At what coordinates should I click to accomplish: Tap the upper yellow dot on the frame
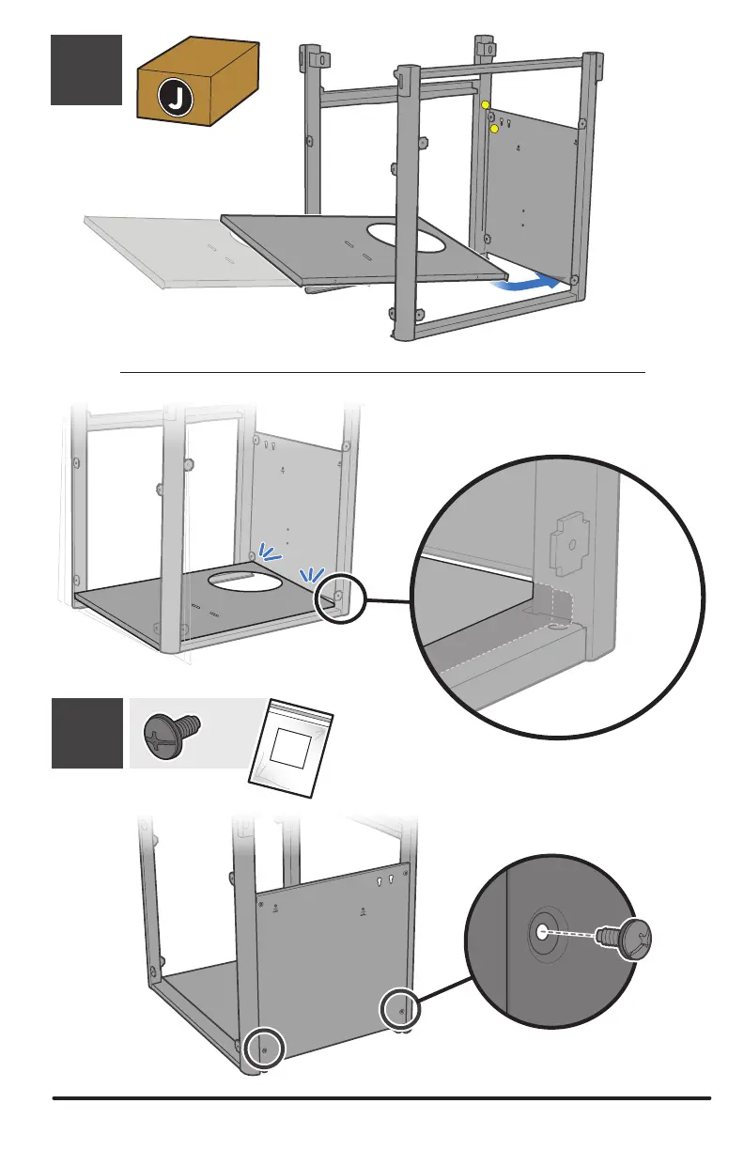(486, 105)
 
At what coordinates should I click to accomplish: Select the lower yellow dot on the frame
(494, 128)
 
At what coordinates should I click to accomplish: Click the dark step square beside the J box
(86, 70)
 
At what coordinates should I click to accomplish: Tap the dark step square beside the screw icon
(86, 733)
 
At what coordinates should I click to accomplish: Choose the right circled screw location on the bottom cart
(400, 1011)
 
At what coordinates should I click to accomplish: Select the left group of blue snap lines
(271, 555)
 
